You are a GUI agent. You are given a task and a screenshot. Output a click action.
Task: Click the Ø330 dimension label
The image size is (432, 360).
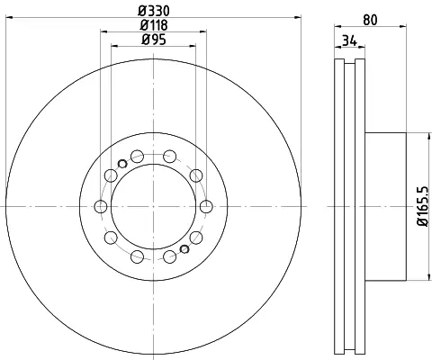pyautogui.click(x=154, y=11)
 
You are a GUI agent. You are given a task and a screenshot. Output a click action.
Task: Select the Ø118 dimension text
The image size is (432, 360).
pyautogui.click(x=154, y=25)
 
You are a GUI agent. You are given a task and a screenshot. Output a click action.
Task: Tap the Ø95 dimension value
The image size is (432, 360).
pyautogui.click(x=154, y=40)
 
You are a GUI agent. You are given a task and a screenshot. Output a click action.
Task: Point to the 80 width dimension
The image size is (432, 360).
pyautogui.click(x=370, y=20)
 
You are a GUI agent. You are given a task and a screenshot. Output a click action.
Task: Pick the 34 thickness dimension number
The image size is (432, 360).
pyautogui.click(x=349, y=40)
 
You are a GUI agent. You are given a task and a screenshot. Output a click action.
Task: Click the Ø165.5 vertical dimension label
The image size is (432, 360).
pyautogui.click(x=423, y=206)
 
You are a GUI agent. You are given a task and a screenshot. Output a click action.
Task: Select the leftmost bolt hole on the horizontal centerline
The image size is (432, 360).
pyautogui.click(x=101, y=206)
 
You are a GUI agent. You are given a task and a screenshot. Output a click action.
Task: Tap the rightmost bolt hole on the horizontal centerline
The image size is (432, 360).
pyautogui.click(x=206, y=206)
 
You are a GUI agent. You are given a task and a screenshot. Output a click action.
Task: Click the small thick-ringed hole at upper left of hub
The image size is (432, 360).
pyautogui.click(x=122, y=164)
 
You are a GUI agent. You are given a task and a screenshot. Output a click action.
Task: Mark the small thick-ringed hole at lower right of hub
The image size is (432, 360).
pyautogui.click(x=184, y=249)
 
